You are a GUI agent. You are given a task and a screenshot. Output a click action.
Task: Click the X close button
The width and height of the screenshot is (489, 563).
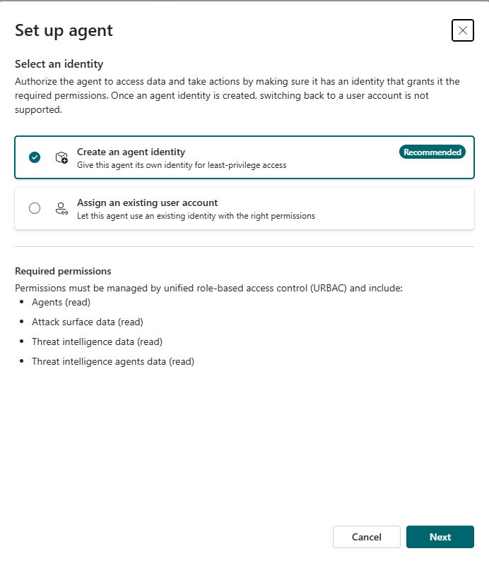click(x=462, y=30)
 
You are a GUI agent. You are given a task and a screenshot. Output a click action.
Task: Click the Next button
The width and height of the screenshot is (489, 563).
click(x=440, y=537)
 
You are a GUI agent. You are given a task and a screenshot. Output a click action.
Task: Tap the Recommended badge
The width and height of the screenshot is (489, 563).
click(x=432, y=152)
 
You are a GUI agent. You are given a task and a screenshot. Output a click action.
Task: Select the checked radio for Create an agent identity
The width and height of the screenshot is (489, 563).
click(x=35, y=157)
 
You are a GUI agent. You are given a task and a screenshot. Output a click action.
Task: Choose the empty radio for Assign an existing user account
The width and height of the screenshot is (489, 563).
click(x=35, y=208)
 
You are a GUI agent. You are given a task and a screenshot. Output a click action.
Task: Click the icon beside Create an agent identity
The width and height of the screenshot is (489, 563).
click(x=61, y=157)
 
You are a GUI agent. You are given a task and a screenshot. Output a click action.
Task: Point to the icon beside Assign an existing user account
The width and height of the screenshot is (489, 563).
click(x=61, y=208)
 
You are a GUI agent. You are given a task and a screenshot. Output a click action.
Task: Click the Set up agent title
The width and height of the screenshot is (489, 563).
click(x=64, y=30)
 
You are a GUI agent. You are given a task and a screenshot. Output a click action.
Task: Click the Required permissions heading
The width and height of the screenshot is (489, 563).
click(x=63, y=271)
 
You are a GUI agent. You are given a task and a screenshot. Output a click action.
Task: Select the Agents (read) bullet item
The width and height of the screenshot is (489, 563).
click(x=61, y=302)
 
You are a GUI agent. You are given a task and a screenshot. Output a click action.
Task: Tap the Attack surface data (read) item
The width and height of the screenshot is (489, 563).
click(x=88, y=322)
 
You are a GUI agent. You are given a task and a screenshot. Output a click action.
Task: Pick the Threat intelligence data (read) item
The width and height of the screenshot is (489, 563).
click(x=97, y=341)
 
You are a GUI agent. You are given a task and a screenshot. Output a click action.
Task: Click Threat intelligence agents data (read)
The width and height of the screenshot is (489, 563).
click(x=113, y=361)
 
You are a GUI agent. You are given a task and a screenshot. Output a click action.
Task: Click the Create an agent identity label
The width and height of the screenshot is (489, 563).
click(x=131, y=152)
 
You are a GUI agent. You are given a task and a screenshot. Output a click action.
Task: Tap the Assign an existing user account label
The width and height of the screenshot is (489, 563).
click(x=147, y=202)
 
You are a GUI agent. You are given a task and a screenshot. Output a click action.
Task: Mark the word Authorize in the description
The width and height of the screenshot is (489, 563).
click(x=36, y=81)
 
